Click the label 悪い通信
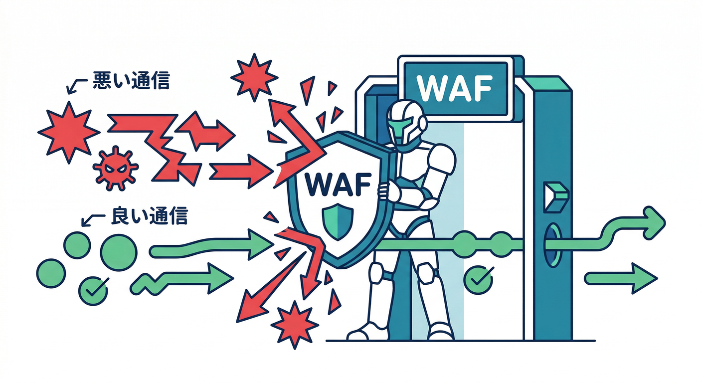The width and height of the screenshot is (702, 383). click(x=132, y=81)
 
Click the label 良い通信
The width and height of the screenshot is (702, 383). click(x=150, y=215)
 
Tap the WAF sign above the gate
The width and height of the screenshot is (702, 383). click(x=455, y=89)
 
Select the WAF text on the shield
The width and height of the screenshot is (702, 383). click(x=338, y=185)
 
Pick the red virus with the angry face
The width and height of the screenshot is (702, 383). click(x=116, y=168)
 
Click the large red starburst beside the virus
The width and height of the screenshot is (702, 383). click(x=69, y=132)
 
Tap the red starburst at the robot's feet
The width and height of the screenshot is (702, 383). click(x=295, y=325)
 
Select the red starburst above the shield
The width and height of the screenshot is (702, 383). click(x=254, y=77)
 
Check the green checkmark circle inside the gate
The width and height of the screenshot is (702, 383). click(x=478, y=279)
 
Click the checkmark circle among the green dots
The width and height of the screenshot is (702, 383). click(x=93, y=291)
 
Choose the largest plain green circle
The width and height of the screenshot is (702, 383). click(x=119, y=252)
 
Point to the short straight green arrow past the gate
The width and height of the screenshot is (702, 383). click(x=621, y=278)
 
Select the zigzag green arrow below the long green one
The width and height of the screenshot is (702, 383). click(x=182, y=279)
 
